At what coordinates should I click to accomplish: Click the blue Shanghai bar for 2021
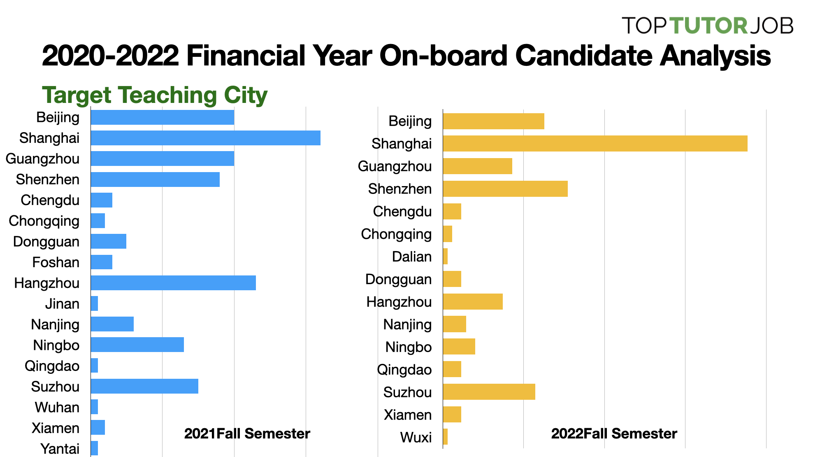(205, 138)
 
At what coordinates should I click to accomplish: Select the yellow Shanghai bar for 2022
(595, 144)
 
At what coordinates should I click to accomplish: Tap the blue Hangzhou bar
(173, 283)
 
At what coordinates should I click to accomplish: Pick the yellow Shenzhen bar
(505, 189)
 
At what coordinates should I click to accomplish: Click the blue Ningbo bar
(137, 345)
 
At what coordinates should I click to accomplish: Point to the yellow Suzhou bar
(489, 392)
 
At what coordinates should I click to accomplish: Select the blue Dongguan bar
(108, 241)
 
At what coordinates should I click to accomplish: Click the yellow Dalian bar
(445, 256)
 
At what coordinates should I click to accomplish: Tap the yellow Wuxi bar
(445, 437)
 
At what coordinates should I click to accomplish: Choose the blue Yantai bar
(94, 448)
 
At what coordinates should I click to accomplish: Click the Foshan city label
(56, 262)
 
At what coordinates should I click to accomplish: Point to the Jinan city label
(62, 304)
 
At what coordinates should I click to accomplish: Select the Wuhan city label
(57, 407)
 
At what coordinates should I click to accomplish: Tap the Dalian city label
(411, 256)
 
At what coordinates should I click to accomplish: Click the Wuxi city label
(416, 437)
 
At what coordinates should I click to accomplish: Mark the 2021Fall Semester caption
(247, 434)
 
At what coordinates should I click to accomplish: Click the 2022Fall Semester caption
(614, 434)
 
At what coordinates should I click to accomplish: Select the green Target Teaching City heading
(155, 95)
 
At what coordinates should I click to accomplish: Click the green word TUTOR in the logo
(708, 26)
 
